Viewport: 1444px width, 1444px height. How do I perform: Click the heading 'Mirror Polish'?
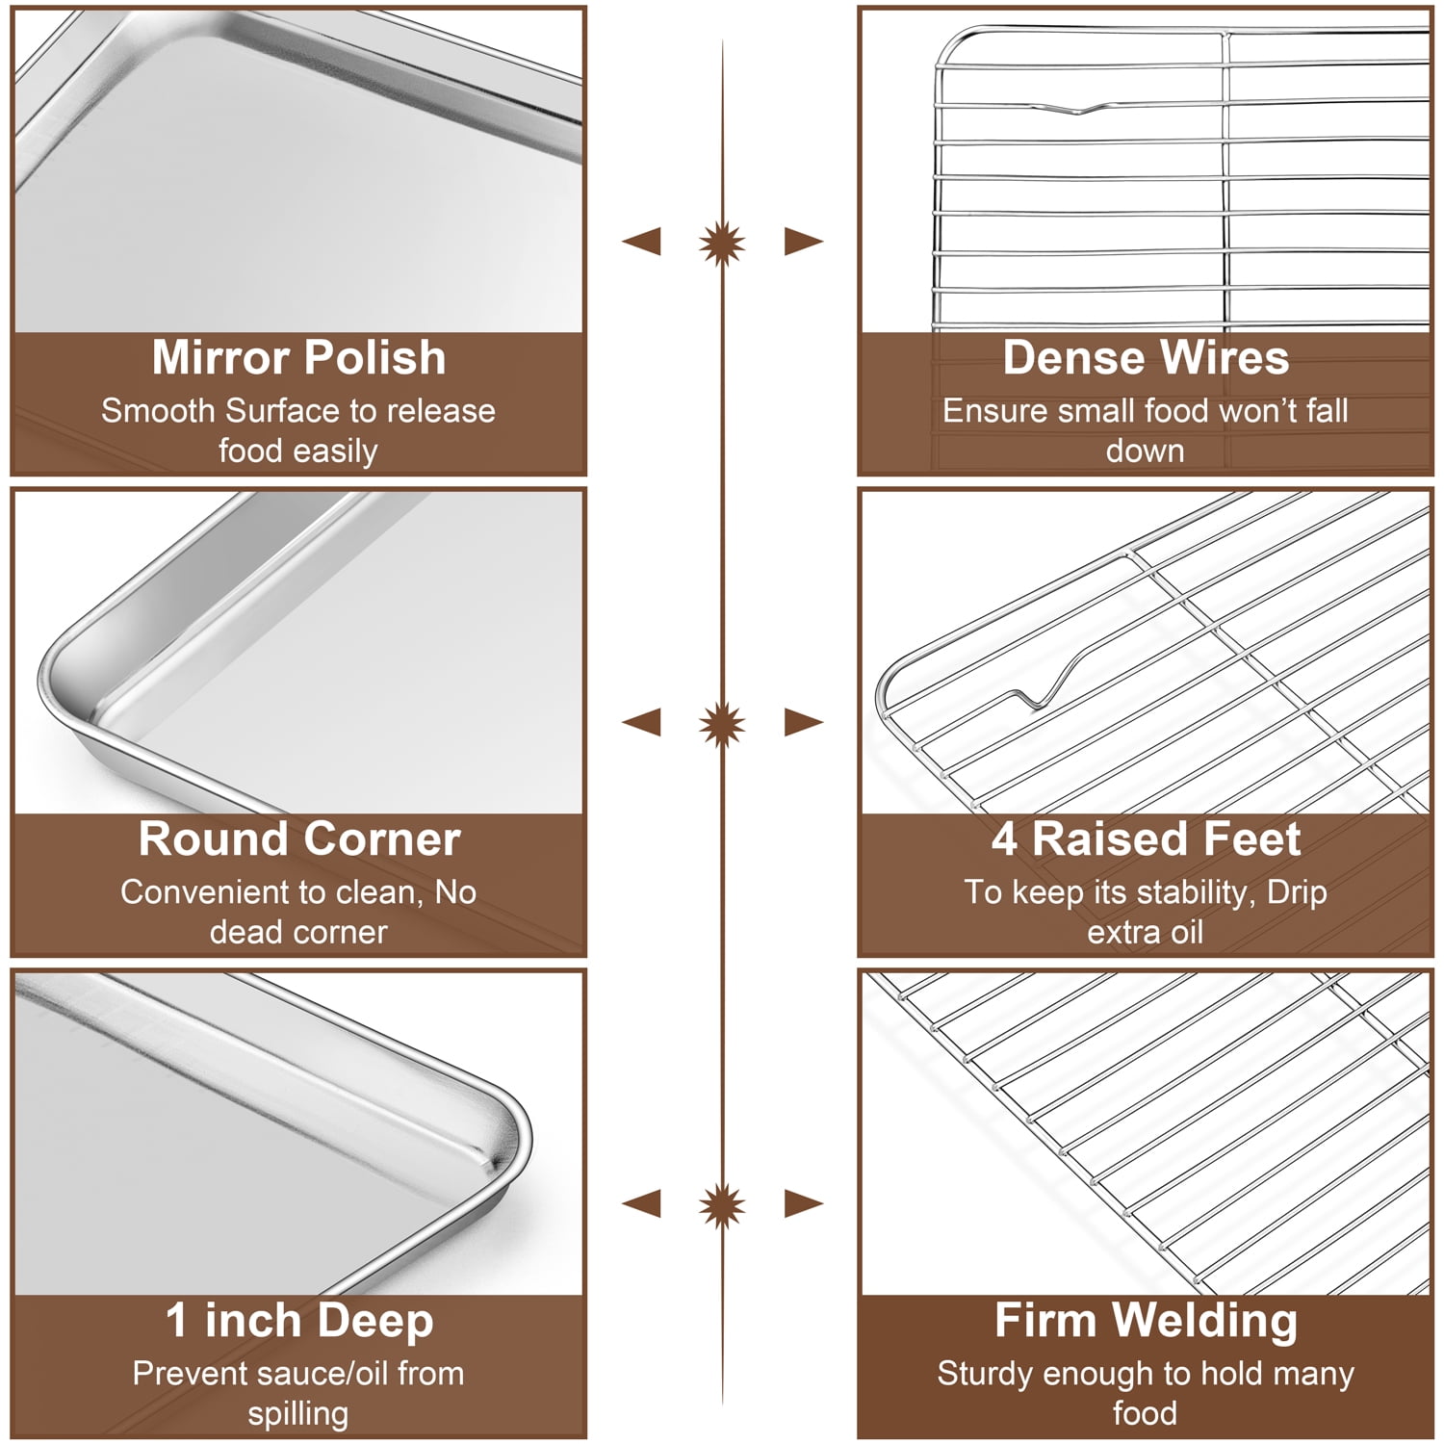click(x=298, y=358)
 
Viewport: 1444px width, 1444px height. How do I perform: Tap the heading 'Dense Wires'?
click(x=1146, y=358)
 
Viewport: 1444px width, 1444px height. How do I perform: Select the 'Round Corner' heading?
click(x=298, y=839)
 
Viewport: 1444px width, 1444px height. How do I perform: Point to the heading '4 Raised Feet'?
click(x=1146, y=839)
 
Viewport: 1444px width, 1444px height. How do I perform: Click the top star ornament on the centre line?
click(x=722, y=241)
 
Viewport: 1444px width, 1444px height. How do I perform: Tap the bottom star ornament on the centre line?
click(x=722, y=1203)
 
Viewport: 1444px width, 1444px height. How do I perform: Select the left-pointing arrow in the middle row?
click(x=642, y=722)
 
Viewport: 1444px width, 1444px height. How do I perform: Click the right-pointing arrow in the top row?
click(x=804, y=241)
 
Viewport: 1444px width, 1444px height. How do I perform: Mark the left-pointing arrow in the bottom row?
click(x=642, y=1203)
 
